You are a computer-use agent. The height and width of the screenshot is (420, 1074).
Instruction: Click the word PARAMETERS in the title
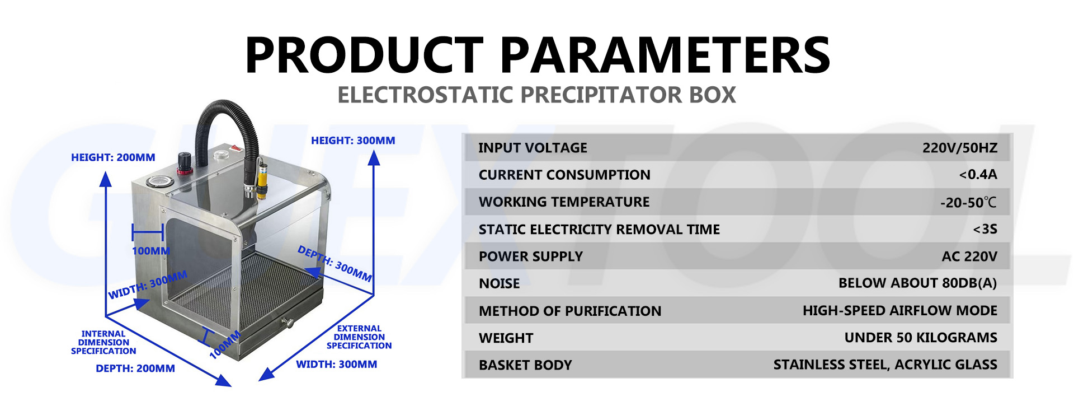[665, 54]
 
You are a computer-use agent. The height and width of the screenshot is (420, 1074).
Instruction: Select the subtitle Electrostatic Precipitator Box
[536, 95]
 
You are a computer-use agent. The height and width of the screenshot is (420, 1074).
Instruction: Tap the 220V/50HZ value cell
[959, 148]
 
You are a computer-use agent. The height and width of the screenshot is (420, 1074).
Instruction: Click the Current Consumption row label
[564, 175]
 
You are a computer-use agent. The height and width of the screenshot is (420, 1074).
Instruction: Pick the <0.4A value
[978, 175]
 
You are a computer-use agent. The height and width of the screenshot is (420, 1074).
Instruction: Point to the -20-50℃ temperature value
[968, 202]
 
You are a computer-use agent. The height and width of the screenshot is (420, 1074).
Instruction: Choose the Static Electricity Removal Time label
[599, 229]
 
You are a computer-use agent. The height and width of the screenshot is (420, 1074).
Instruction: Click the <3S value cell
[984, 229]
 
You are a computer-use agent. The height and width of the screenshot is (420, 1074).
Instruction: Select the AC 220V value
[969, 256]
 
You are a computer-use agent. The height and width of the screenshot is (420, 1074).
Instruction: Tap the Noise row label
[499, 283]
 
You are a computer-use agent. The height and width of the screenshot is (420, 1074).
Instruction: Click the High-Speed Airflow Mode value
[899, 311]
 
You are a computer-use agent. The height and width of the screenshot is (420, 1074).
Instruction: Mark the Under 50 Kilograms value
[920, 338]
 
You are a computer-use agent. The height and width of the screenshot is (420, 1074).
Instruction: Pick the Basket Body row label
[525, 365]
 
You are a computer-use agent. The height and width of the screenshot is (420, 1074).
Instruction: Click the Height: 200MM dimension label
[113, 157]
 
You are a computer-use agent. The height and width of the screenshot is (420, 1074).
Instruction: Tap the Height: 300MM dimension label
[353, 141]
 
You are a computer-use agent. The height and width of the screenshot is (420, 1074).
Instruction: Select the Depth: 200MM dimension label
[135, 368]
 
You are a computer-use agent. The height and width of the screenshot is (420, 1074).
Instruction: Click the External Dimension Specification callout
[359, 337]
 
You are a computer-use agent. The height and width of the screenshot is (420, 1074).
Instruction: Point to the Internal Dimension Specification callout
[103, 342]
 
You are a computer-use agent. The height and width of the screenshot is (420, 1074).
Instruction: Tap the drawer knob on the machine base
[289, 323]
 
